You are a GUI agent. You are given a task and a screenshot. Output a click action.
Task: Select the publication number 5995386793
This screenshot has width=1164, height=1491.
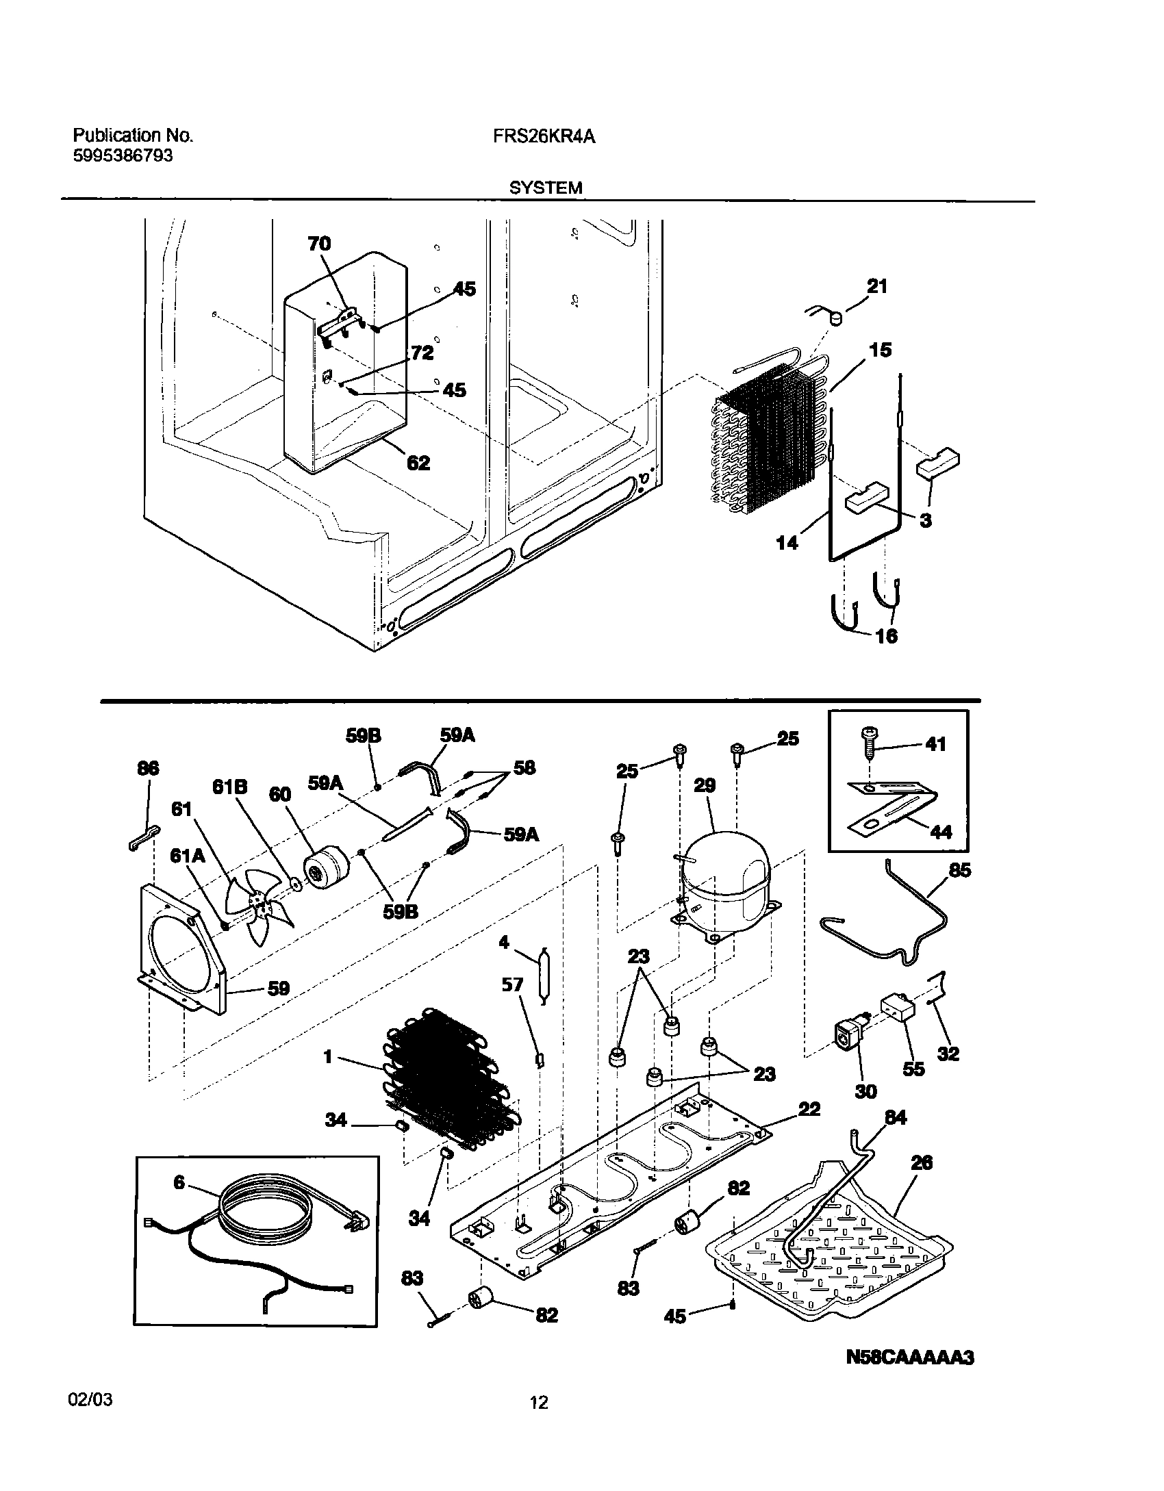[x=123, y=156]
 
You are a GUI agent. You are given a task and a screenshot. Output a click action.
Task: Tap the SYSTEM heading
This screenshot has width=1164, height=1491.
[x=546, y=188]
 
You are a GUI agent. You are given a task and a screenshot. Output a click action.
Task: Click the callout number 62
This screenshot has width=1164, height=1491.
[x=418, y=463]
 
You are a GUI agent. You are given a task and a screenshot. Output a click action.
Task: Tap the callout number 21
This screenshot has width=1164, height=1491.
[x=877, y=286]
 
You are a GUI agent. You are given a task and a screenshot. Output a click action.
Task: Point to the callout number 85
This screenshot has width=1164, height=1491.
[x=959, y=871]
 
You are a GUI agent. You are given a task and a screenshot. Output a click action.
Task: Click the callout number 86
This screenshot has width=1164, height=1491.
[x=148, y=769]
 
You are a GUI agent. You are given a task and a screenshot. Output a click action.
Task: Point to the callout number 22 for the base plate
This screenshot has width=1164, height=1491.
[x=809, y=1108]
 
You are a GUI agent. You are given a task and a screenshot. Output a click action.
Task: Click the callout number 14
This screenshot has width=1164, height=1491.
[x=787, y=543]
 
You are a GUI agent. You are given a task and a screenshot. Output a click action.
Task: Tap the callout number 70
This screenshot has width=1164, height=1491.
[x=319, y=244]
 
